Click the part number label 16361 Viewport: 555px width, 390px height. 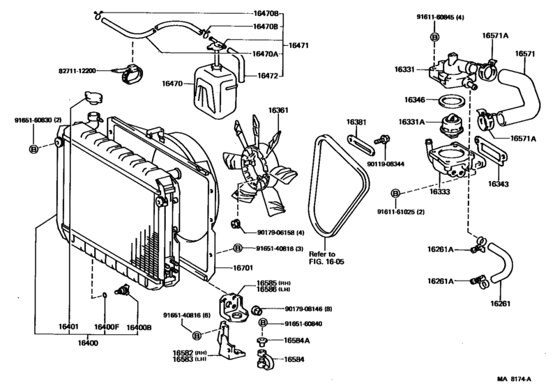[278, 110]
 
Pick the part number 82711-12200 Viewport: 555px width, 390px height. [77, 71]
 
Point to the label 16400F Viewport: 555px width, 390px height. [107, 327]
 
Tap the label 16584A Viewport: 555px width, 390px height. [297, 341]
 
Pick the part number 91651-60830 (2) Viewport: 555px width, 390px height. [38, 120]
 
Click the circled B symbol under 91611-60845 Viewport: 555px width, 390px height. [434, 35]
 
